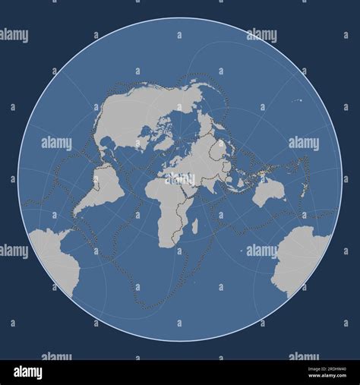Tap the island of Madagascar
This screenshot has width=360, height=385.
[x=195, y=226]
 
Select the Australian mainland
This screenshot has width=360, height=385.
[x=267, y=191]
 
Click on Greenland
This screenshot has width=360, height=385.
[x=168, y=137]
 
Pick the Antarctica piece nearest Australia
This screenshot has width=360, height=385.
[x=300, y=258]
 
